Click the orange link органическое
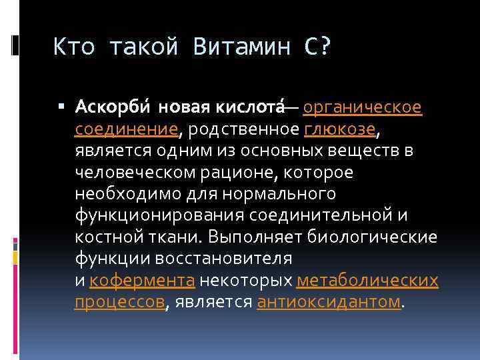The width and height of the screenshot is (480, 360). [363, 107]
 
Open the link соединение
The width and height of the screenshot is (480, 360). [126, 129]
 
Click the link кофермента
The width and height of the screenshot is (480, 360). [142, 280]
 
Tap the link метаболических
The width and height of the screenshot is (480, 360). [367, 280]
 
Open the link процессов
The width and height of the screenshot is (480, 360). [119, 302]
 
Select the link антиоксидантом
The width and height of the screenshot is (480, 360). [329, 302]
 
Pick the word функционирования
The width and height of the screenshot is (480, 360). [159, 215]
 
